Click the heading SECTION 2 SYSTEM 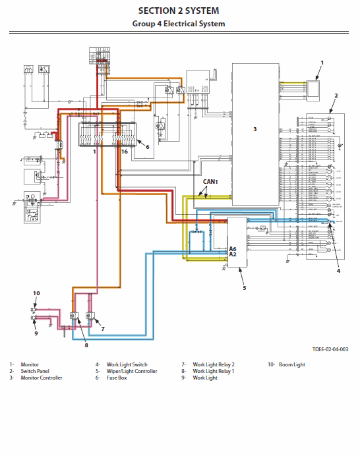point(179,11)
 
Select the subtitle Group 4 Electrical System point(179,24)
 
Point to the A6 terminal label point(233,248)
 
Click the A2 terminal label point(233,254)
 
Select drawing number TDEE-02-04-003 point(330,349)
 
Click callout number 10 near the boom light point(37,293)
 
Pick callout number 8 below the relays point(85,344)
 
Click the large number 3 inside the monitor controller point(255,129)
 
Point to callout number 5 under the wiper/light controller point(244,287)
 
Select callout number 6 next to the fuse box point(147,147)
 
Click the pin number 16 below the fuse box point(124,152)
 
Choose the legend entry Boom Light point(291,364)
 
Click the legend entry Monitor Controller point(42,378)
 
